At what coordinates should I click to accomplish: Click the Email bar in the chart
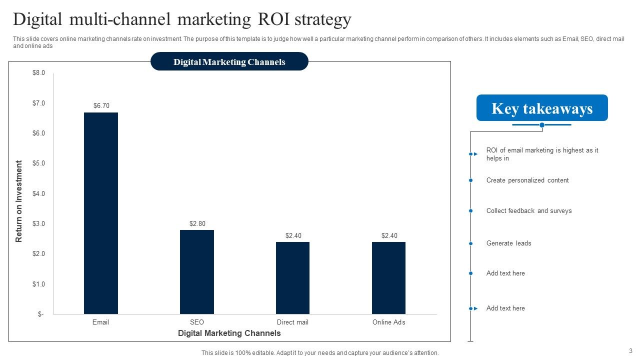pyautogui.click(x=101, y=213)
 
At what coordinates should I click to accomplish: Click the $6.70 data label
pyautogui.click(x=101, y=106)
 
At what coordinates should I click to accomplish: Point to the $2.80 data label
pyautogui.click(x=197, y=223)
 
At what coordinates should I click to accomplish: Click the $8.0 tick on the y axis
pyautogui.click(x=39, y=73)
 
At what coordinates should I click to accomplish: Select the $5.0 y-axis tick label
pyautogui.click(x=39, y=163)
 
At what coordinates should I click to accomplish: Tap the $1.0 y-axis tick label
pyautogui.click(x=39, y=284)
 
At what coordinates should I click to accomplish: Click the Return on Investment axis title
pyautogui.click(x=19, y=201)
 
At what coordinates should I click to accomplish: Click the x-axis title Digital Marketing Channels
pyautogui.click(x=229, y=333)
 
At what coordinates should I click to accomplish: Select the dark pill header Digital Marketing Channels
pyautogui.click(x=229, y=62)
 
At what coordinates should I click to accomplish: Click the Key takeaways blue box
pyautogui.click(x=542, y=108)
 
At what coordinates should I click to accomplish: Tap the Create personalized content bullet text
pyautogui.click(x=527, y=180)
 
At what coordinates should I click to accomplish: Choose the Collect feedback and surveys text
pyautogui.click(x=529, y=211)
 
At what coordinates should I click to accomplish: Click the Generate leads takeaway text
pyautogui.click(x=509, y=243)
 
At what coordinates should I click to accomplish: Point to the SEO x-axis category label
pyautogui.click(x=197, y=322)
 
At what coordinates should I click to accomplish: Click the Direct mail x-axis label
pyautogui.click(x=292, y=322)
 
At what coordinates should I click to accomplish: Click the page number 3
pyautogui.click(x=630, y=351)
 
